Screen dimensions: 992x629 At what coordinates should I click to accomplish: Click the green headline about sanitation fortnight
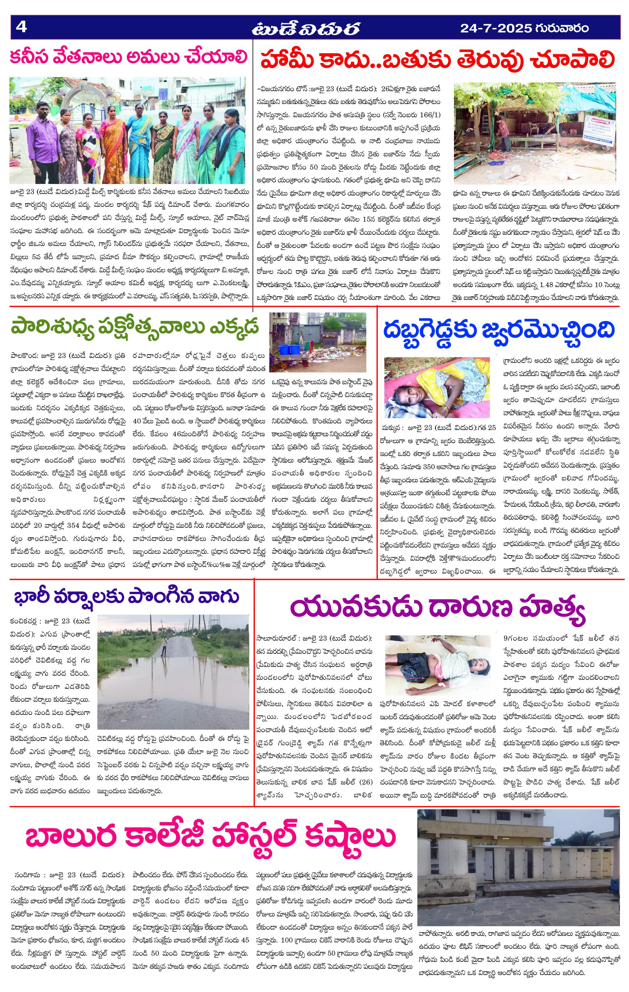[x=136, y=328]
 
